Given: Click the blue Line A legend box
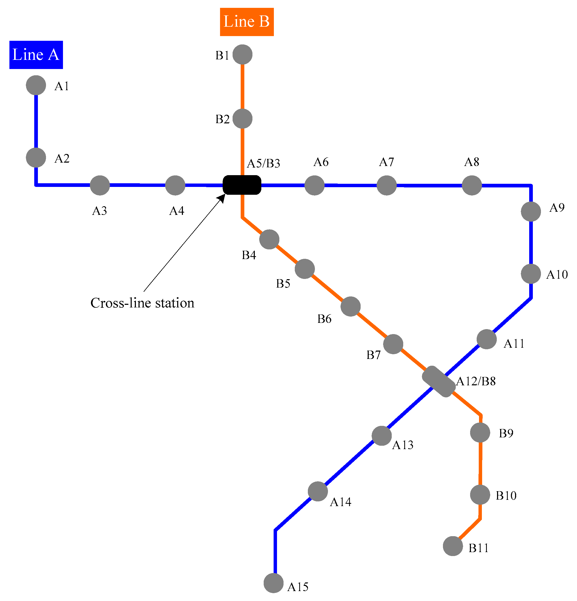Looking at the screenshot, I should pyautogui.click(x=36, y=55).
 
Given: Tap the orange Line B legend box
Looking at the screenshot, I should pyautogui.click(x=246, y=22).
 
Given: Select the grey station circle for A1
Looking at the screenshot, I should pyautogui.click(x=36, y=85).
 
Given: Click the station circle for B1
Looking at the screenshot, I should pyautogui.click(x=242, y=55).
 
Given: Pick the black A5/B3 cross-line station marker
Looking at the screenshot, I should pyautogui.click(x=242, y=185).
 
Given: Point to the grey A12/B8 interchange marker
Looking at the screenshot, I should pyautogui.click(x=438, y=381).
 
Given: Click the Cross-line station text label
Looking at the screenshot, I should pyautogui.click(x=142, y=303).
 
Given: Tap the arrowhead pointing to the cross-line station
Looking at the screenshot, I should pyautogui.click(x=221, y=198).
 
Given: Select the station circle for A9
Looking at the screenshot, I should pyautogui.click(x=531, y=211).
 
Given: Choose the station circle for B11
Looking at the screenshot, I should pyautogui.click(x=453, y=546).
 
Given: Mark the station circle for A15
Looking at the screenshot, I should pyautogui.click(x=274, y=583).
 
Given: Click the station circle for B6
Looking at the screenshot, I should pyautogui.click(x=350, y=306).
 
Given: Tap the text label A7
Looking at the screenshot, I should pyautogui.click(x=386, y=162).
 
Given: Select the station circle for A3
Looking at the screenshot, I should pyautogui.click(x=100, y=185).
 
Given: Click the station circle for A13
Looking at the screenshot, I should pyautogui.click(x=381, y=436).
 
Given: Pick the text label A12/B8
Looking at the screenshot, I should pyautogui.click(x=476, y=381).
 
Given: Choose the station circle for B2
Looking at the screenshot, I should pyautogui.click(x=242, y=119).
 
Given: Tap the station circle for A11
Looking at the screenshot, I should pyautogui.click(x=487, y=339).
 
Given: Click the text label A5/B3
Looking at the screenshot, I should pyautogui.click(x=263, y=164).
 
